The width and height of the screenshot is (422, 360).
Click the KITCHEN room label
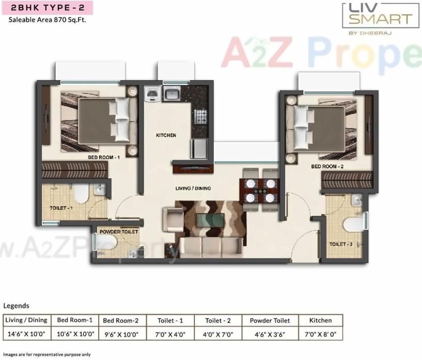[x=166, y=135]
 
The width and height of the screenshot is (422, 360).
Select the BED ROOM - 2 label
[x=327, y=167]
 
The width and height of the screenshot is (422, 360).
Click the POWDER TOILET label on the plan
[x=119, y=232]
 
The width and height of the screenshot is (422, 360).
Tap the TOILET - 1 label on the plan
[x=61, y=208]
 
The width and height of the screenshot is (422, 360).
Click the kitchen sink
[x=171, y=94]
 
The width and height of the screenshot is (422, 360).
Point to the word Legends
[x=16, y=306]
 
